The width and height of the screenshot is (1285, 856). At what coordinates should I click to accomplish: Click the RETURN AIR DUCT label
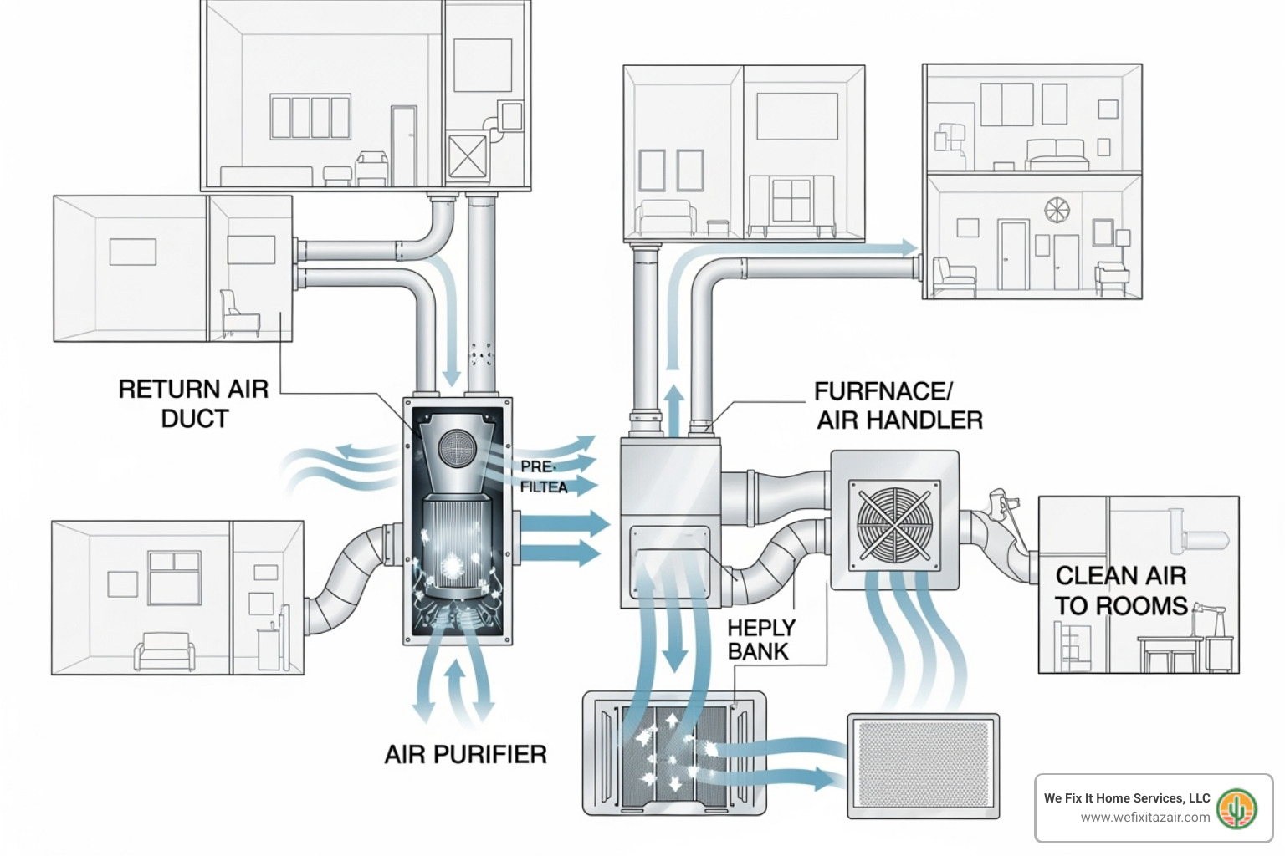[x=193, y=404]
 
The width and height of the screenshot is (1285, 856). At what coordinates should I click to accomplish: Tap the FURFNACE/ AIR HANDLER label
[x=898, y=405]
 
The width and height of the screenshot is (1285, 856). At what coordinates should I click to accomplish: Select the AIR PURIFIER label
[x=465, y=754]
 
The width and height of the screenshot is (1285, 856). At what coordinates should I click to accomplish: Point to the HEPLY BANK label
[x=760, y=639]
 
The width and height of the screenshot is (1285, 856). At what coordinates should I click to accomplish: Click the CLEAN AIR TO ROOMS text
[x=1121, y=590]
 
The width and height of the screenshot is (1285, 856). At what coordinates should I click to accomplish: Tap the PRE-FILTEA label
[x=543, y=476]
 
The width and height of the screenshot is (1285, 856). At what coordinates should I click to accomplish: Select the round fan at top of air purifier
[x=457, y=448]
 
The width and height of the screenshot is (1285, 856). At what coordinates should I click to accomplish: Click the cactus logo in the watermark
[x=1236, y=808]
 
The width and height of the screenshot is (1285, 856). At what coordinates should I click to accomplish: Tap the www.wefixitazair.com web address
[x=1144, y=818]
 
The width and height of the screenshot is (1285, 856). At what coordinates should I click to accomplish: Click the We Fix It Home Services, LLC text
[x=1126, y=797]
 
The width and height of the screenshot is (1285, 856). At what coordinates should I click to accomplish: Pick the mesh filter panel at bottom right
[x=923, y=765]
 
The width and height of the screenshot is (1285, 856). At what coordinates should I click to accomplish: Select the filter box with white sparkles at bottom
[x=674, y=752]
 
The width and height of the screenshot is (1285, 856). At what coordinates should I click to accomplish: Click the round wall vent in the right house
[x=1057, y=210]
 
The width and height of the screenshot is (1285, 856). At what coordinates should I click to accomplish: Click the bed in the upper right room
[x=1057, y=153]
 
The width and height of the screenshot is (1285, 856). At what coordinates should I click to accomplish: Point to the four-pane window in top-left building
[x=310, y=117]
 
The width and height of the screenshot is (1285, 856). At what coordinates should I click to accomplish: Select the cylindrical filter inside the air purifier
[x=457, y=543]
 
